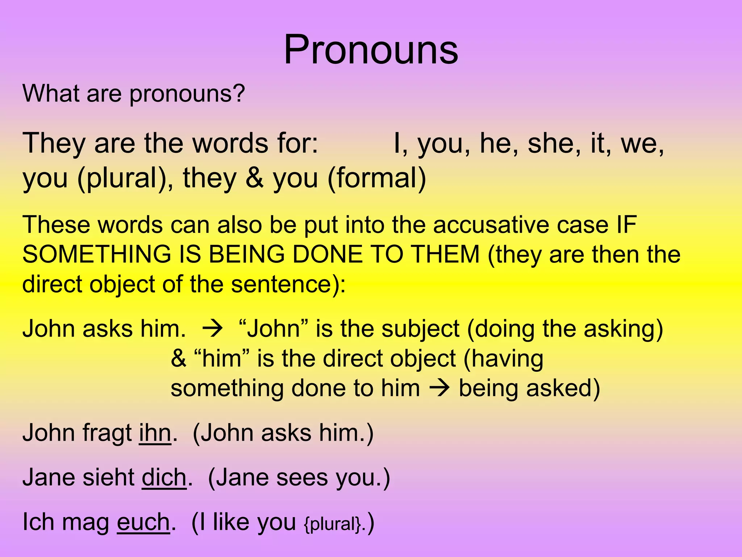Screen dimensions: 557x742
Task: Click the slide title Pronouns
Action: (371, 50)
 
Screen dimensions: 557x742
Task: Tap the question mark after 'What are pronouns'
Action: (238, 93)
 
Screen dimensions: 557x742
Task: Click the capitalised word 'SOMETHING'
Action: (97, 254)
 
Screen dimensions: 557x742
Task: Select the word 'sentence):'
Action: (288, 284)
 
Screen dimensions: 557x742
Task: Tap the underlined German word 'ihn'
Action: (155, 433)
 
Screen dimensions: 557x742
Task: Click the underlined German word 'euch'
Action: (143, 522)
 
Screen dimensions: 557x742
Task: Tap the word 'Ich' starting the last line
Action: (38, 522)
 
